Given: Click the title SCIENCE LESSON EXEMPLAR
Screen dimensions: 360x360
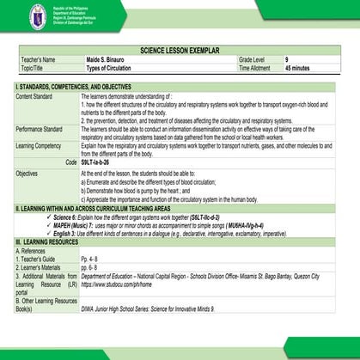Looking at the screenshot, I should click(180, 52).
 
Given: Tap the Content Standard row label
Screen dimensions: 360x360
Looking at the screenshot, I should click(34, 96).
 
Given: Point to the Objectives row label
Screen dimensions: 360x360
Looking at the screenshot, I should click(27, 173).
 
